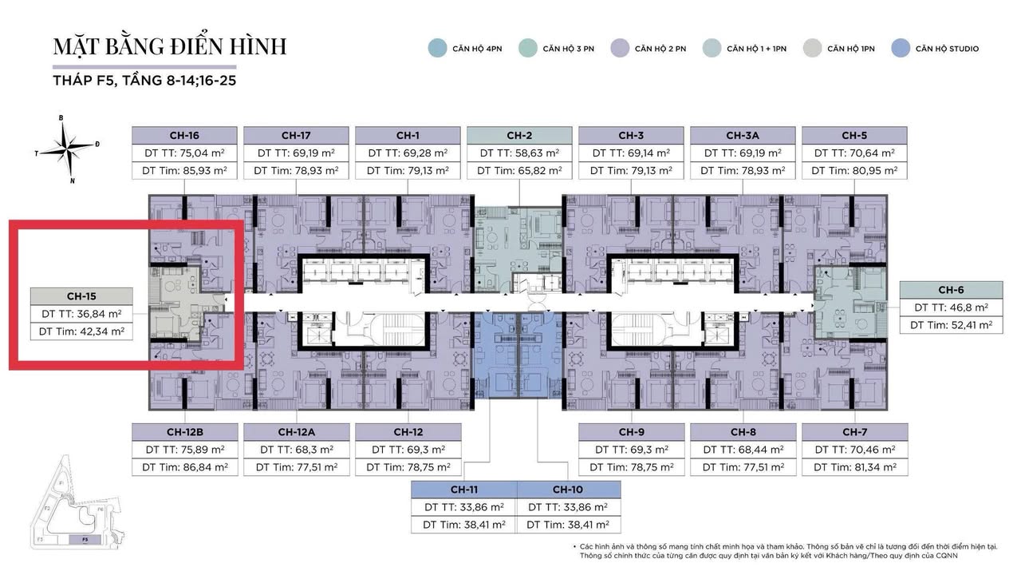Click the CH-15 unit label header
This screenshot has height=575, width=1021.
coord(80,295)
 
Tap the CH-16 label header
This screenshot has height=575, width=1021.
coord(184,135)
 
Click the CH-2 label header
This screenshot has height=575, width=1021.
coord(519,135)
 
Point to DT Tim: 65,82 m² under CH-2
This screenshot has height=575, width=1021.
coord(519,170)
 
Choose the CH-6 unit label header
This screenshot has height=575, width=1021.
coord(951,290)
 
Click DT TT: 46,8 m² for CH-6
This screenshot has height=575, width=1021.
coord(951,307)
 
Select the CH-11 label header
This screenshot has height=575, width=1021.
coord(463,490)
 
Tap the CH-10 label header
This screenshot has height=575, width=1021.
coord(568,490)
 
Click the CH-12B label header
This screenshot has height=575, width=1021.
coord(184,432)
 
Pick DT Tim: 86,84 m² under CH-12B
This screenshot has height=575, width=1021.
coord(184,467)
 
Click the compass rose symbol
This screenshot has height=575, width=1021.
coord(66,147)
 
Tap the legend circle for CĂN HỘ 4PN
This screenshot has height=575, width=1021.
coord(437,48)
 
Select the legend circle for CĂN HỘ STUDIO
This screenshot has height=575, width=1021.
coord(901,48)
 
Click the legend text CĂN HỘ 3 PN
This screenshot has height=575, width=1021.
coord(568,49)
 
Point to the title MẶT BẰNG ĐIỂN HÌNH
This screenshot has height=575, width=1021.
coord(169,46)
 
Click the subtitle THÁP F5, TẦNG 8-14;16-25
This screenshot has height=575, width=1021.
coord(144,81)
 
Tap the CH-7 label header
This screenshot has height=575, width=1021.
coord(854,432)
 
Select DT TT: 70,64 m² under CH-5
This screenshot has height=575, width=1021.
coord(854,153)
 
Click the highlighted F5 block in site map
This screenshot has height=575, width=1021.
coord(85,540)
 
